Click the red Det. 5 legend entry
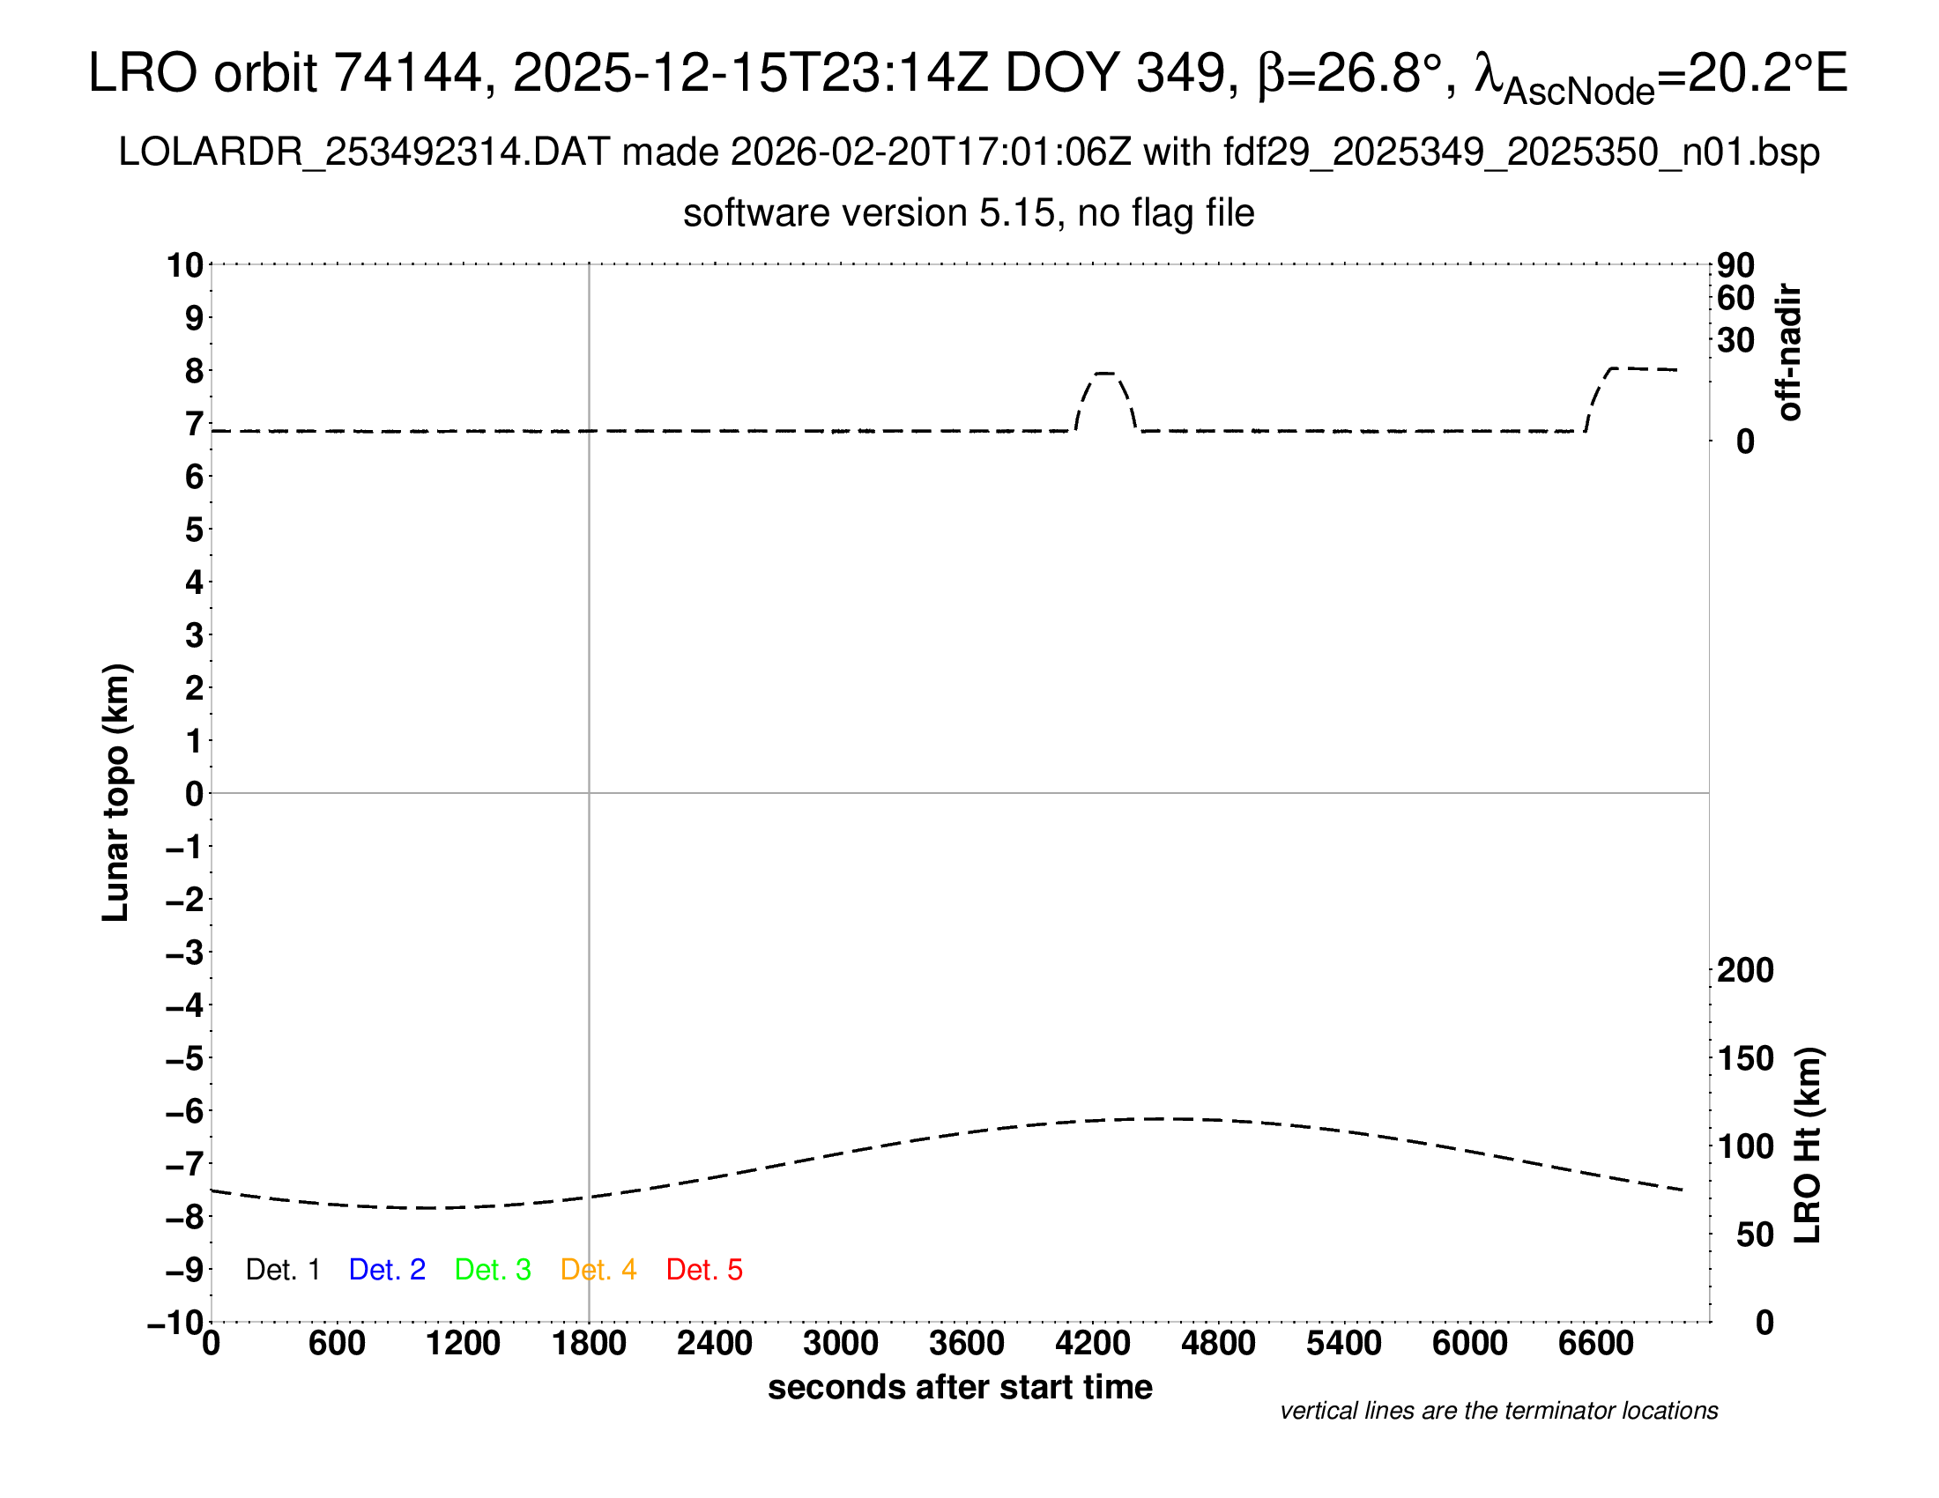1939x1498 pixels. [704, 1270]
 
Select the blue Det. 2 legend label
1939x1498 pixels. [387, 1270]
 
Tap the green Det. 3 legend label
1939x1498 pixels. [493, 1270]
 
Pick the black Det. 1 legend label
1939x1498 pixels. [282, 1270]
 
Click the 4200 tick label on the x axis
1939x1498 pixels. [1092, 1344]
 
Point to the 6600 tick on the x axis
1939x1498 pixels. [1595, 1344]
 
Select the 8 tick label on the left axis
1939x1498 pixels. [195, 371]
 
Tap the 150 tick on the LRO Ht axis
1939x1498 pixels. [1745, 1058]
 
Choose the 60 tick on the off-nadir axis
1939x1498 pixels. [1735, 298]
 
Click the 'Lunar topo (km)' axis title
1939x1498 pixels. [116, 792]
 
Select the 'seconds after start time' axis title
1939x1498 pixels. [960, 1387]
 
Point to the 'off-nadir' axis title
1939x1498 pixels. [1789, 352]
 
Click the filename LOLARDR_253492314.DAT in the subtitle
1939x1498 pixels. [363, 152]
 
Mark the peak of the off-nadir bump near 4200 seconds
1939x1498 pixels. [1104, 374]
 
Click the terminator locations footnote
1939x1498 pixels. [1498, 1411]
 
